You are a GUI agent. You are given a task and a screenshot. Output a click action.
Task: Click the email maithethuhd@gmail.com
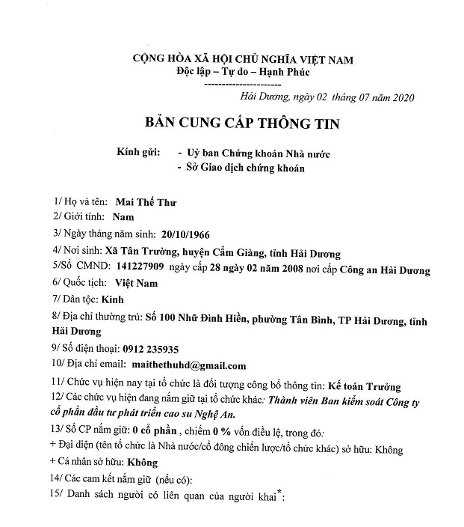pos(196,366)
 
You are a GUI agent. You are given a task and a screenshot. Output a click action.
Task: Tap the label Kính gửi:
pos(138,153)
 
